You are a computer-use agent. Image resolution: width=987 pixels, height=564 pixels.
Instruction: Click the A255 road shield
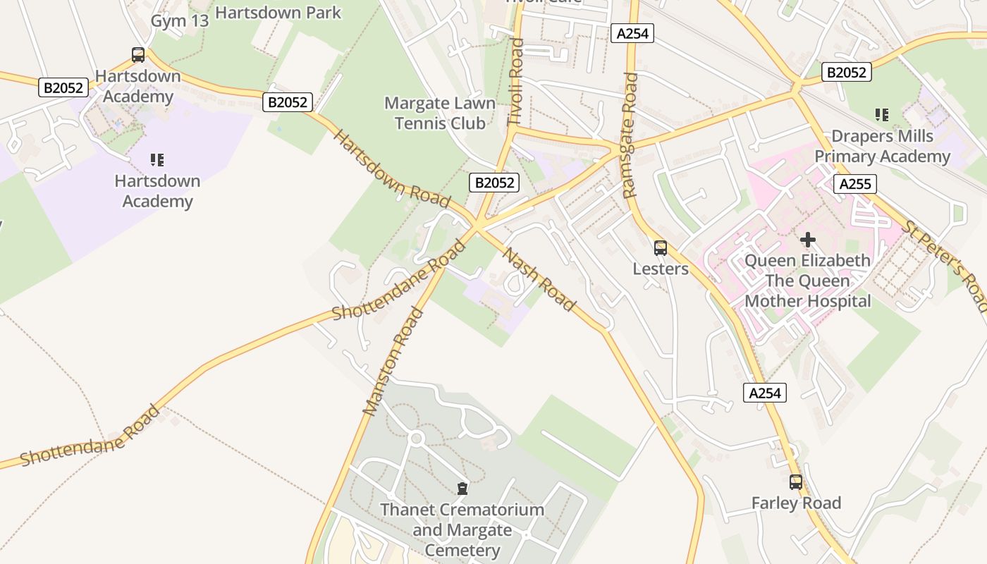point(855,185)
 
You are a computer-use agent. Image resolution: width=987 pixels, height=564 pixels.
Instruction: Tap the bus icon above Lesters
point(660,248)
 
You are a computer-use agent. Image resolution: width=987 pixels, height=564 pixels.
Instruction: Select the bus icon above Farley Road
point(796,482)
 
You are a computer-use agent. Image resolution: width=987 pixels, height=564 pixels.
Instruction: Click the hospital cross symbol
point(808,240)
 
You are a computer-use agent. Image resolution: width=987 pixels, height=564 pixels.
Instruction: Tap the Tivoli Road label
point(515,82)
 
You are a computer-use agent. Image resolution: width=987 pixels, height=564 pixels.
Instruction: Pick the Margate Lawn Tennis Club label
point(440,114)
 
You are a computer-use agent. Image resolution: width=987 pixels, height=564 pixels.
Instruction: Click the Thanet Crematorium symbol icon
point(462,488)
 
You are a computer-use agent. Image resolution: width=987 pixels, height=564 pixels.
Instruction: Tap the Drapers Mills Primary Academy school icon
point(881,114)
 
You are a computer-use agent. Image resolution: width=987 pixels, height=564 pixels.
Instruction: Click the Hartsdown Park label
point(278,13)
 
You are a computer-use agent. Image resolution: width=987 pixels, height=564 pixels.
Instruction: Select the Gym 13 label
point(180,21)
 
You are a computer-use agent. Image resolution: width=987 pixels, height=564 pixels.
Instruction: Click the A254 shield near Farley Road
point(764,393)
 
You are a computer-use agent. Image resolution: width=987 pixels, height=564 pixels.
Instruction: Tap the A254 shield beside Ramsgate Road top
point(632,33)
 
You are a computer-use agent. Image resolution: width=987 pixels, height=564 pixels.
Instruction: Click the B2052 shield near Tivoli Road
point(494,183)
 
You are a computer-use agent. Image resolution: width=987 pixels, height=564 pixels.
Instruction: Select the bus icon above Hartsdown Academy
point(138,55)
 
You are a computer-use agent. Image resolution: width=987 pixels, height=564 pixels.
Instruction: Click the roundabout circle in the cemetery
point(416,439)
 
